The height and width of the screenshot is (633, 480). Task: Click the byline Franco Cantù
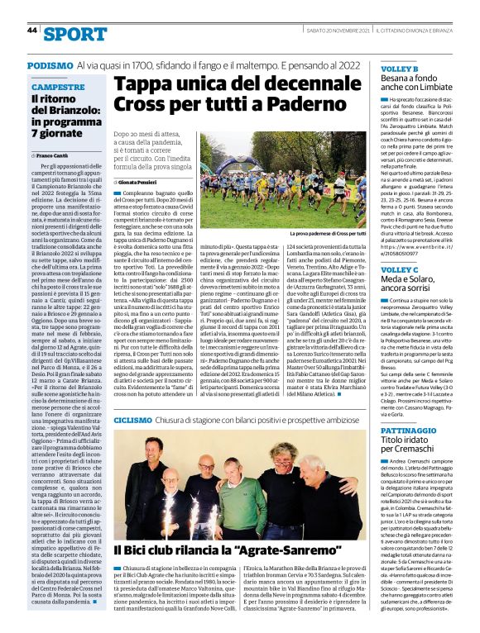coord(53,155)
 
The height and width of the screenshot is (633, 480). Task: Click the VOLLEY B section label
coord(399,68)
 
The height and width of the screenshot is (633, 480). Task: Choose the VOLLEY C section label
coord(399,270)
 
